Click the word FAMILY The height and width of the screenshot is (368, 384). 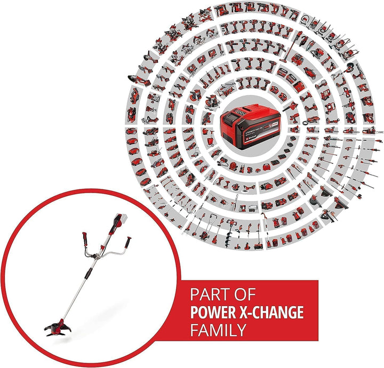coord(218,329)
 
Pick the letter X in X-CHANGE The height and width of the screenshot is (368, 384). coord(250,311)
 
